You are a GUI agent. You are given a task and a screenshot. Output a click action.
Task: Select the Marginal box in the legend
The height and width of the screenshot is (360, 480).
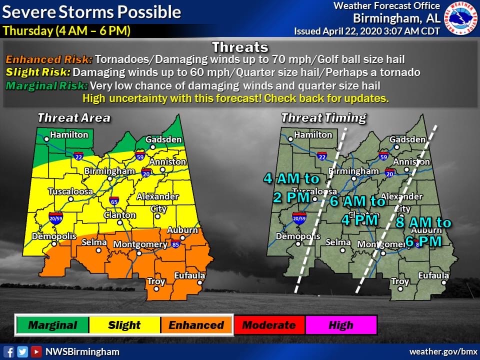(52, 325)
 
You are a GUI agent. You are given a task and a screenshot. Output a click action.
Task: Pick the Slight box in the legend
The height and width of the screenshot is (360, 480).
(124, 325)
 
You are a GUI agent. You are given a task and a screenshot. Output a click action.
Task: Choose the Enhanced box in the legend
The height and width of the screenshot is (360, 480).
(196, 325)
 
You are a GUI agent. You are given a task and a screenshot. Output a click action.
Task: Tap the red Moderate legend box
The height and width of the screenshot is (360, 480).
(269, 325)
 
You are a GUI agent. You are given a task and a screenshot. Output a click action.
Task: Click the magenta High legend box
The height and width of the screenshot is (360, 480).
(341, 325)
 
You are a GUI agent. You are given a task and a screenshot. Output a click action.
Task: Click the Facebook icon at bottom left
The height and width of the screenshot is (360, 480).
(8, 351)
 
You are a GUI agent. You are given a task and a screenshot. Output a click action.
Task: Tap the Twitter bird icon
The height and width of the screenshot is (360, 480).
(22, 351)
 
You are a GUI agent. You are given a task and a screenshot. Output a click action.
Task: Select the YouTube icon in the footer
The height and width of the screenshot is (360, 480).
(36, 351)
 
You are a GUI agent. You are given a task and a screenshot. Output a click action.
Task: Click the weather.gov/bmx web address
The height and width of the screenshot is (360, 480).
(440, 351)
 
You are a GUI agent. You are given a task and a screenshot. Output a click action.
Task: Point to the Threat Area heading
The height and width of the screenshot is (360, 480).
(74, 118)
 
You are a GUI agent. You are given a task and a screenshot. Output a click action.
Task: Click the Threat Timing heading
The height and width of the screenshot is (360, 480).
(323, 118)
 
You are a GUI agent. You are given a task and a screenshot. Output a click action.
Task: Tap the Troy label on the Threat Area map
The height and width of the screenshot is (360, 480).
(156, 281)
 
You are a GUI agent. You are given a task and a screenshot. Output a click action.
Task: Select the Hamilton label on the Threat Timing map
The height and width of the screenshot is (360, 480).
(313, 134)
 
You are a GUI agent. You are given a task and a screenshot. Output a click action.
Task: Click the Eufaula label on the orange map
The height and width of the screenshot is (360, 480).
(189, 275)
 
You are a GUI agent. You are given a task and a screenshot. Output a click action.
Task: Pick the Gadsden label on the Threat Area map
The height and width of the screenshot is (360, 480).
(163, 139)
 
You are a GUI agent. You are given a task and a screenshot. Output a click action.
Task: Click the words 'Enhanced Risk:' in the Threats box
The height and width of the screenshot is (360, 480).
(49, 59)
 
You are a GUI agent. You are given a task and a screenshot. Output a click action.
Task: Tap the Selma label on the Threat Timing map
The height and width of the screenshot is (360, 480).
(338, 242)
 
